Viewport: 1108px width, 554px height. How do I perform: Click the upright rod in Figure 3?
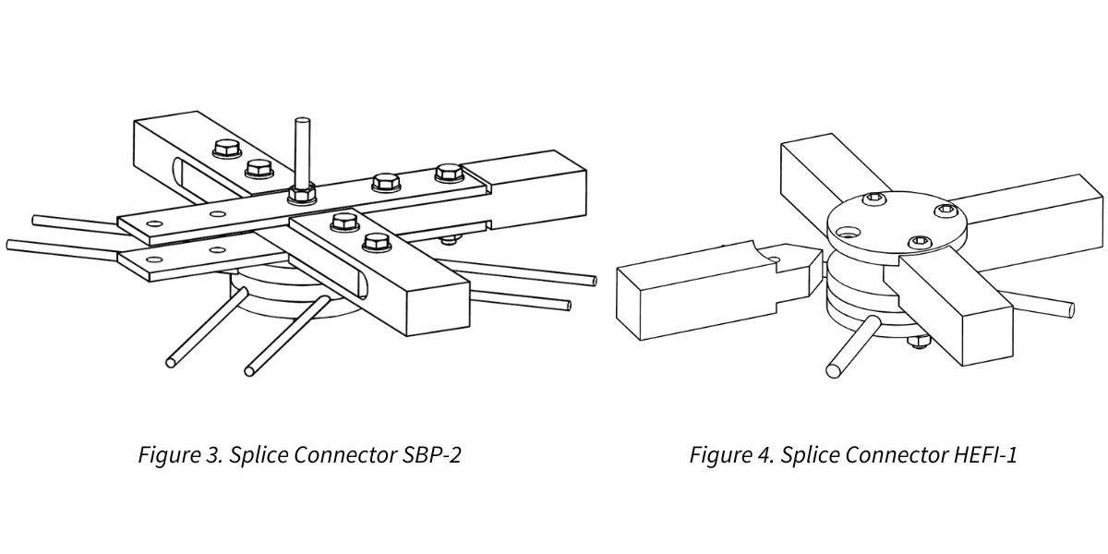pyautogui.click(x=302, y=152)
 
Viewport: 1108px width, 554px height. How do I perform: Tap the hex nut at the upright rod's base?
pyautogui.click(x=302, y=194)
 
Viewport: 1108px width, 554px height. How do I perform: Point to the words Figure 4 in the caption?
pyautogui.click(x=728, y=455)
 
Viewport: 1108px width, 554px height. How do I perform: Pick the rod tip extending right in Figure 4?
pyautogui.click(x=1069, y=307)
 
